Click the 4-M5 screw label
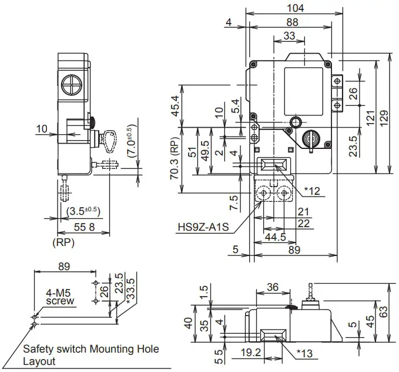coord(61,296)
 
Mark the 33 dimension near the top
coord(289,36)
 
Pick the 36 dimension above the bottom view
coord(273,288)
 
